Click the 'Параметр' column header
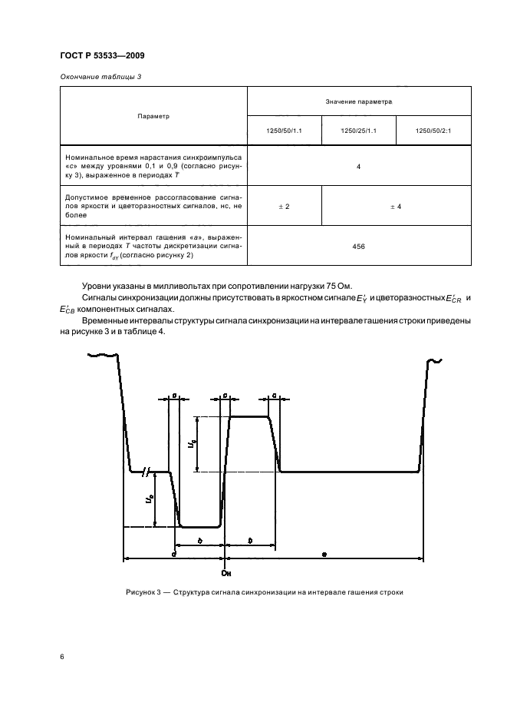pos(153,116)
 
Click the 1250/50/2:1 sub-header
pos(432,131)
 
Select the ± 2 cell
pos(284,206)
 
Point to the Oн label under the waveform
pos(226,573)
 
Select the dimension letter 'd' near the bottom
pos(174,552)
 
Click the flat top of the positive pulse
pos(249,416)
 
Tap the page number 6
pos(62,657)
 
